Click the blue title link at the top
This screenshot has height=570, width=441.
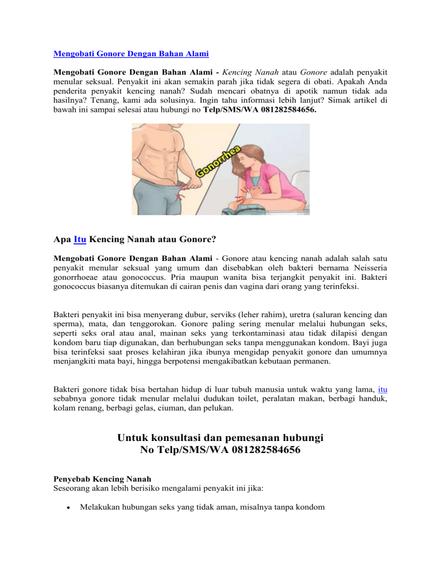pyautogui.click(x=131, y=54)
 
